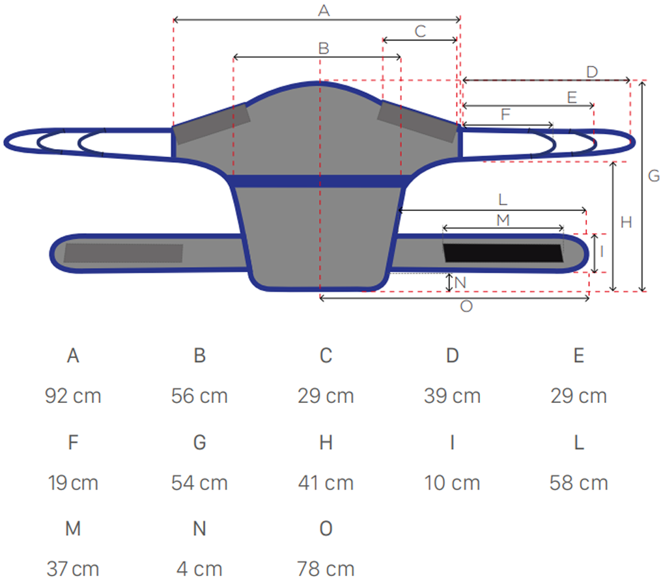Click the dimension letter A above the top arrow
tap(324, 10)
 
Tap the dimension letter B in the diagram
tap(324, 48)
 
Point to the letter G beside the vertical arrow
tap(654, 176)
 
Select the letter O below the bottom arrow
tap(466, 307)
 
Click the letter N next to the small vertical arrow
tap(460, 283)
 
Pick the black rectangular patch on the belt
tap(503, 253)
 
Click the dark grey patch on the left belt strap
tap(124, 253)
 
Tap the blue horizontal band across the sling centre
tap(319, 181)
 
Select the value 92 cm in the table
tap(74, 396)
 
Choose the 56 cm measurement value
tap(199, 396)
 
